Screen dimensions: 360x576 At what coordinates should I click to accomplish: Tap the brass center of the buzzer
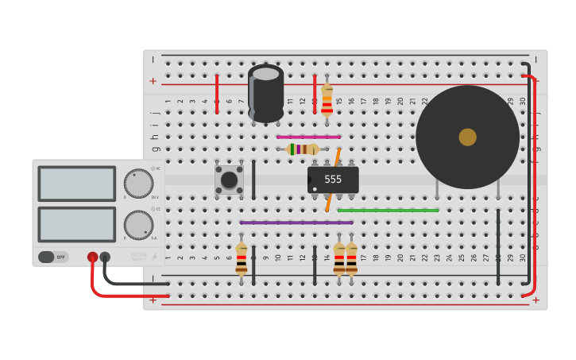(x=467, y=137)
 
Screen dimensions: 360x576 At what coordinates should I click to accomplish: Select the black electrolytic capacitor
(x=265, y=93)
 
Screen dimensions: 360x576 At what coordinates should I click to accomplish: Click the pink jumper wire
(x=308, y=137)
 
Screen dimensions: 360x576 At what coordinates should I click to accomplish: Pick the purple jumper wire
(x=296, y=223)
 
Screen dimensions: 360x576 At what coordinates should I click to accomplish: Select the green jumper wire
(x=388, y=211)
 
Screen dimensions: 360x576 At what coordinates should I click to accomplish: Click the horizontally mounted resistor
(x=303, y=149)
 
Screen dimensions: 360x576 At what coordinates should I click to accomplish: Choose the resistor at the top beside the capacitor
(x=327, y=100)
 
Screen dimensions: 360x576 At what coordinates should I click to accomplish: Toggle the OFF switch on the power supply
(x=53, y=257)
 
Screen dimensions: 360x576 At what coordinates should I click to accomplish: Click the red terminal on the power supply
(x=93, y=257)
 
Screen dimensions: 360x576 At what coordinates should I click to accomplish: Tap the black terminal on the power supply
(x=105, y=257)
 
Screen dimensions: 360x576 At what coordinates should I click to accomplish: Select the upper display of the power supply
(x=76, y=184)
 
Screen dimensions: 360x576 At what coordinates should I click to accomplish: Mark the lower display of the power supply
(x=76, y=224)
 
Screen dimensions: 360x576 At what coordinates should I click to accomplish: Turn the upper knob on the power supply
(x=138, y=184)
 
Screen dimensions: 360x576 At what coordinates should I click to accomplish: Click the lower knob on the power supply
(x=138, y=225)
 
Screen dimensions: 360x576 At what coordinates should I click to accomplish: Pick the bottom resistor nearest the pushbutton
(x=242, y=259)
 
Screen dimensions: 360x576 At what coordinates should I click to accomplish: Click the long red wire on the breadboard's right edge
(x=533, y=183)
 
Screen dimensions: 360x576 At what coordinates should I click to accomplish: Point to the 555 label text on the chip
(x=333, y=180)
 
